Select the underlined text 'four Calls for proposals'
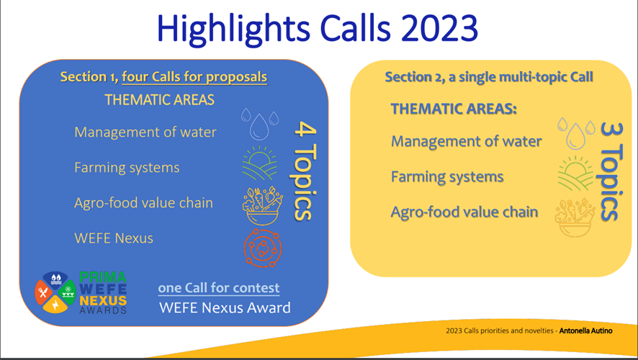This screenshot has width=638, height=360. (194, 77)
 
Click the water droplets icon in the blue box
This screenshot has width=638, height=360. (260, 124)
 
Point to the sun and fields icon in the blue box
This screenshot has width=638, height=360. (260, 163)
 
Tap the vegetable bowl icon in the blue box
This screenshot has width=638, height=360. (262, 206)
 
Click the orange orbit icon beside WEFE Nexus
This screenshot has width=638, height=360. (262, 248)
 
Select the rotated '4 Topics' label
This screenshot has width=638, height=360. (304, 171)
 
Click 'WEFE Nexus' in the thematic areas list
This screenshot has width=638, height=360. (114, 238)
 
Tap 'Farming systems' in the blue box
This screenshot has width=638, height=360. (127, 168)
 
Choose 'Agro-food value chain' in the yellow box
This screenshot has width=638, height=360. (464, 212)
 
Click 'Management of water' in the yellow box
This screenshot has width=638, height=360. (467, 141)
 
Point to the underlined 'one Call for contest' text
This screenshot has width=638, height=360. (218, 288)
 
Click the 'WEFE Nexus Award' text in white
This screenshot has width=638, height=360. (225, 307)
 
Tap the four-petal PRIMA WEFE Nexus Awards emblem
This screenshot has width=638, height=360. (55, 292)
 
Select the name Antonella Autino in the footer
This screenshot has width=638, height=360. (585, 330)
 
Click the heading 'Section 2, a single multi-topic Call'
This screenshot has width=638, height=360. (489, 77)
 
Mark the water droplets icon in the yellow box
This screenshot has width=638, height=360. (576, 133)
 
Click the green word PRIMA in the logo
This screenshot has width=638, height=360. (103, 277)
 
